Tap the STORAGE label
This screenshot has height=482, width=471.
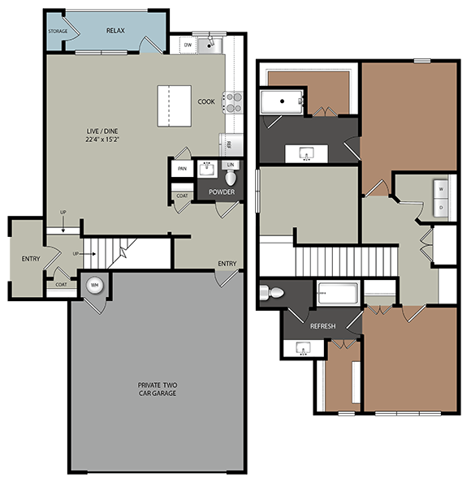pyautogui.click(x=58, y=32)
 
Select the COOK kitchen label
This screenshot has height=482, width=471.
pyautogui.click(x=206, y=102)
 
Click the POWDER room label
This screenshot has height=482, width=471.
pyautogui.click(x=222, y=192)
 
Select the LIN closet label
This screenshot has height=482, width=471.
pyautogui.click(x=230, y=165)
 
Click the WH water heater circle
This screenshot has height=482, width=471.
pyautogui.click(x=94, y=286)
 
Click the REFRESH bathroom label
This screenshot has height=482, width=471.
pyautogui.click(x=322, y=326)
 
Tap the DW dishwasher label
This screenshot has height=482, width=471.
pyautogui.click(x=188, y=45)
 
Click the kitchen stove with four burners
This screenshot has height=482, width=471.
pyautogui.click(x=233, y=102)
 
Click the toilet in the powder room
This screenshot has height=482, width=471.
pyautogui.click(x=230, y=178)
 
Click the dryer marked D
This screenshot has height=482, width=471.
pyautogui.click(x=442, y=207)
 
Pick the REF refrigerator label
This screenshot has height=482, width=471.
pyautogui.click(x=230, y=144)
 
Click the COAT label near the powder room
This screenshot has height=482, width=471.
pyautogui.click(x=180, y=196)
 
